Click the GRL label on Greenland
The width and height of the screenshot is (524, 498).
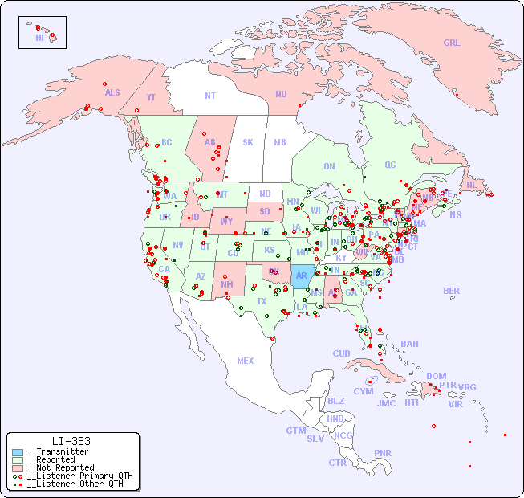click(452, 43)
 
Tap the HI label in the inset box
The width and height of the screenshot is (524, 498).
click(39, 38)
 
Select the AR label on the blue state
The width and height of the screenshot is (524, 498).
click(302, 276)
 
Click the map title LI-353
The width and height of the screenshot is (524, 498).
click(71, 441)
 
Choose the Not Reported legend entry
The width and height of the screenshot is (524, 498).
click(59, 467)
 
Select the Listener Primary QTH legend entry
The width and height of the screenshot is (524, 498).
click(78, 476)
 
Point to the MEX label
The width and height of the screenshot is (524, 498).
click(245, 361)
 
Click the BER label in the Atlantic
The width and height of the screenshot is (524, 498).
click(451, 291)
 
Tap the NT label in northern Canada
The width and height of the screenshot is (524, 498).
click(210, 96)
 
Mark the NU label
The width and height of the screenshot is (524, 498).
click(281, 94)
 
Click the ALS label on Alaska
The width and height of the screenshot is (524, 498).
click(112, 93)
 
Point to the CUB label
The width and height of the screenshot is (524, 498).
click(341, 353)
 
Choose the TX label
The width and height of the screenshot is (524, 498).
click(262, 301)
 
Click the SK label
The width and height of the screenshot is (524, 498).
click(248, 142)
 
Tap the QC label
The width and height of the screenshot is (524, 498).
click(390, 165)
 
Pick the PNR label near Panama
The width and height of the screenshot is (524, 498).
click(383, 453)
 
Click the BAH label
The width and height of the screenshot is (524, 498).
click(409, 344)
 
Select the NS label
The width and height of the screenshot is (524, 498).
click(455, 215)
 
